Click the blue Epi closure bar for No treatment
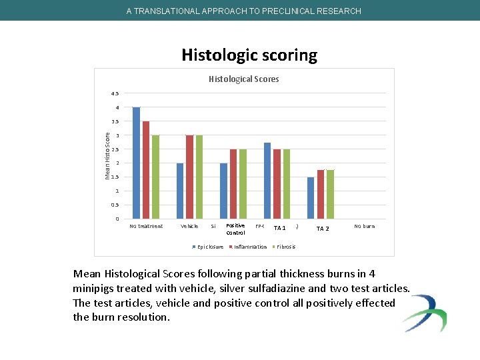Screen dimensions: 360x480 tap(137, 163)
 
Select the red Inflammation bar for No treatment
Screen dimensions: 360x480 tap(146, 170)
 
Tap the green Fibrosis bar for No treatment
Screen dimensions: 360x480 tap(155, 177)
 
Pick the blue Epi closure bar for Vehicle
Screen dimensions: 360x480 tap(180, 191)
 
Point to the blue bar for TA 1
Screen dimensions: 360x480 tap(267, 181)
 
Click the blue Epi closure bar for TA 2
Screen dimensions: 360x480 tap(311, 198)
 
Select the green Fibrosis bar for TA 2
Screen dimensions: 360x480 tap(330, 194)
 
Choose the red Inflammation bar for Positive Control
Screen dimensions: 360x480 tap(233, 184)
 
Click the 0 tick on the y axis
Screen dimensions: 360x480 tap(117, 219)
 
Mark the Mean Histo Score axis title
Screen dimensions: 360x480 tap(107, 154)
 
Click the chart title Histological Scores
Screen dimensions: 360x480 tap(243, 79)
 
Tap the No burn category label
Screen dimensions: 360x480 tap(364, 226)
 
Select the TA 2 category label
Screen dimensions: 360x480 tap(323, 229)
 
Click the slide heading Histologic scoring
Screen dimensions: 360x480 tap(249, 55)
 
